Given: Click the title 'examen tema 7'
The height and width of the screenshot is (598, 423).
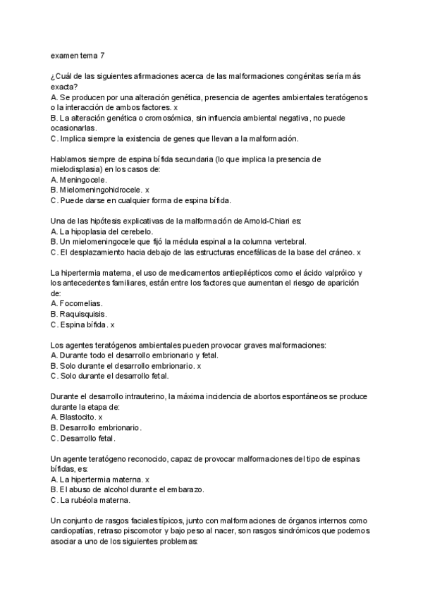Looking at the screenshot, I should click(x=78, y=54).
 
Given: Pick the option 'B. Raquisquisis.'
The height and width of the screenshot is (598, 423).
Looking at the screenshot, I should click(x=82, y=314).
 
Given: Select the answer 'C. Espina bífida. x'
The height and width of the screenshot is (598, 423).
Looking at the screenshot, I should click(x=82, y=324).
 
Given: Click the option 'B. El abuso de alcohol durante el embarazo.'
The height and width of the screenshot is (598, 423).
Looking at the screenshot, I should click(x=127, y=489).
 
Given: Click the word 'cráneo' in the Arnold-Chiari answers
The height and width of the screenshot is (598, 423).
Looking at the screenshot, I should click(x=341, y=252).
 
